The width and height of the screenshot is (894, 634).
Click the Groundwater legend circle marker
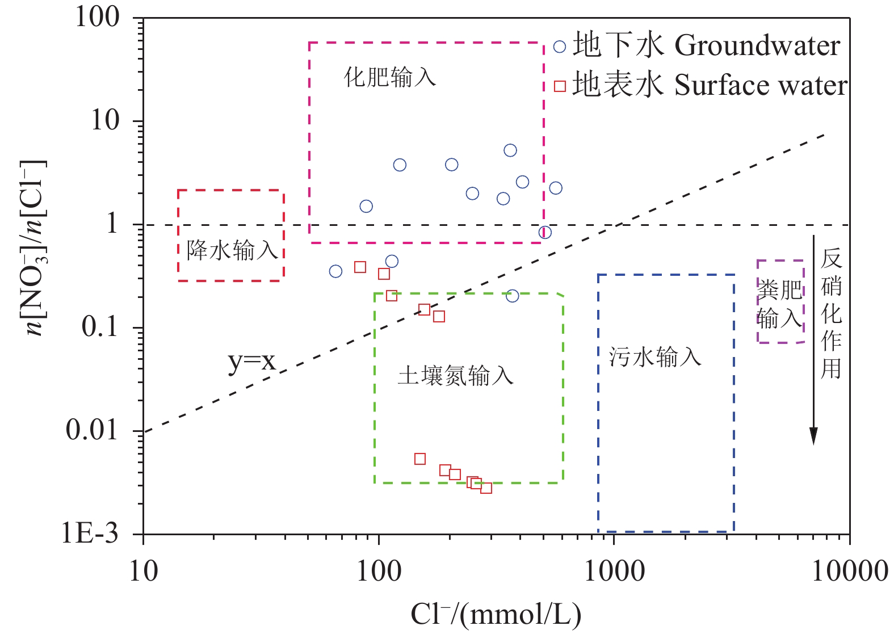pyautogui.click(x=560, y=47)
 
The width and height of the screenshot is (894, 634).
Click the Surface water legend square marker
pyautogui.click(x=560, y=86)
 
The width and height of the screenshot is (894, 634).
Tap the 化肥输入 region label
pyautogui.click(x=390, y=77)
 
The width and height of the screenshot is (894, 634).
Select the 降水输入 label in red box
pyautogui.click(x=232, y=250)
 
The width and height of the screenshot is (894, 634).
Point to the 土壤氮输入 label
pyautogui.click(x=456, y=376)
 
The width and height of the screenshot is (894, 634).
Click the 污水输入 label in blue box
pyautogui.click(x=655, y=357)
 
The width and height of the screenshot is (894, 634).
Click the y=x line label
pyautogui.click(x=251, y=360)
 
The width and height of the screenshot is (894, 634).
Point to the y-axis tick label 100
pyautogui.click(x=98, y=17)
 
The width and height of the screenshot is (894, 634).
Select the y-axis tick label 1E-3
pyautogui.click(x=90, y=534)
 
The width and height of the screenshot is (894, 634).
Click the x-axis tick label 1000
pyautogui.click(x=614, y=570)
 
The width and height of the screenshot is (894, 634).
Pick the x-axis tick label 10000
pyautogui.click(x=849, y=570)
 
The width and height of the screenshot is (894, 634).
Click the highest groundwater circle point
pyautogui.click(x=510, y=150)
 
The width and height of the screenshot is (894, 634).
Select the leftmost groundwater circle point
pyautogui.click(x=335, y=271)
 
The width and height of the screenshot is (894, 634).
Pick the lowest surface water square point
pyautogui.click(x=486, y=488)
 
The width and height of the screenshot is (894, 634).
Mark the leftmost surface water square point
pyautogui.click(x=360, y=267)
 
